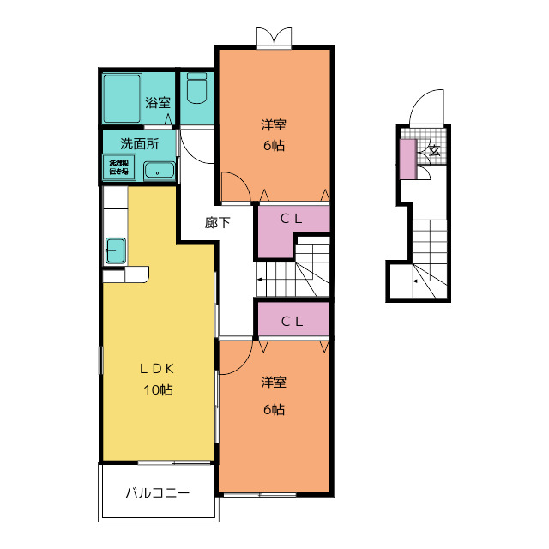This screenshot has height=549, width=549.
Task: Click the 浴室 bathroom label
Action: coord(158,103)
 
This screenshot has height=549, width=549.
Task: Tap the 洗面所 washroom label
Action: coord(138,143)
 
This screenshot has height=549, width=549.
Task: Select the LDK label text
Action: coord(158,369)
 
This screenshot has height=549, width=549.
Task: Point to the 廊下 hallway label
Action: coord(218,223)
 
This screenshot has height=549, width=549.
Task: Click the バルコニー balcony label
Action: coord(157,493)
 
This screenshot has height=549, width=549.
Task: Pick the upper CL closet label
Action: coord(293,218)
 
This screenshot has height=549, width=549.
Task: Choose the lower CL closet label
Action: coord(293,323)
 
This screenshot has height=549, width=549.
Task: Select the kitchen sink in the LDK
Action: coord(116,251)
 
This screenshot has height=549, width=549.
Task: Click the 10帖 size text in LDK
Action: coord(158,390)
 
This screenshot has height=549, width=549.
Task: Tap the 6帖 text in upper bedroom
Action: coord(274,145)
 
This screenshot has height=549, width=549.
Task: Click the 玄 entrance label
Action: coord(434,151)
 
